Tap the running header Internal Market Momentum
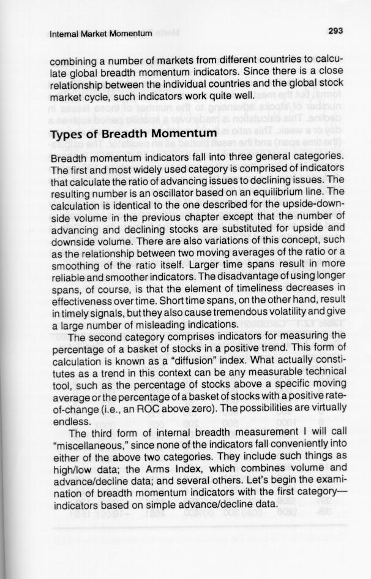tap(101, 34)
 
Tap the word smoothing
tap(76, 266)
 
